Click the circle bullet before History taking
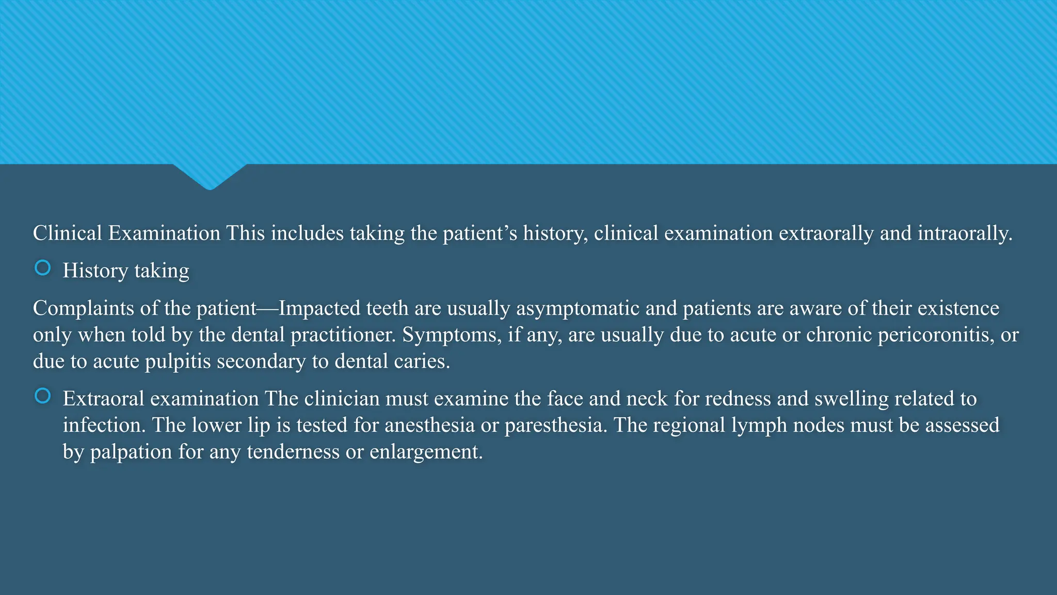click(x=42, y=268)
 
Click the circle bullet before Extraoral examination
click(x=42, y=396)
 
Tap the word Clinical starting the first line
click(x=68, y=233)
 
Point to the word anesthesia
click(x=429, y=425)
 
